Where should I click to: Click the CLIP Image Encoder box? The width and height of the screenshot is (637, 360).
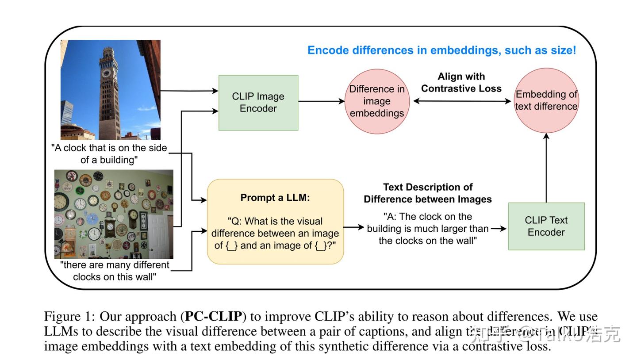(x=258, y=103)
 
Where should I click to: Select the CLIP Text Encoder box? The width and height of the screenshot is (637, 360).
(x=546, y=226)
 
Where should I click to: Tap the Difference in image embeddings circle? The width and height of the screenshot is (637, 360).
(x=377, y=101)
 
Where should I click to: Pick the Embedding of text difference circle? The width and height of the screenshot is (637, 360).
(x=546, y=100)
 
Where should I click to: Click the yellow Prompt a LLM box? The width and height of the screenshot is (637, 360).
(x=275, y=222)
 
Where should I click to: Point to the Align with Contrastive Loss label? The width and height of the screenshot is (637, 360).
(x=461, y=83)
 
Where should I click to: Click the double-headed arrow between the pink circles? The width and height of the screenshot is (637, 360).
(x=461, y=101)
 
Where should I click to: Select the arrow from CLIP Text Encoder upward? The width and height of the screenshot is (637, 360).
(x=546, y=168)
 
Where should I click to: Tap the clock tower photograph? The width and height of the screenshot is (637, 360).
(x=110, y=90)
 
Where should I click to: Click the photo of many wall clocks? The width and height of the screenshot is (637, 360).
(x=114, y=214)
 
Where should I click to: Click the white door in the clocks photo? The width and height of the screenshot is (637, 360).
(x=160, y=234)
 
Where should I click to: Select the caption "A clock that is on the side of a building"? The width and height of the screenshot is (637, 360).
(x=109, y=154)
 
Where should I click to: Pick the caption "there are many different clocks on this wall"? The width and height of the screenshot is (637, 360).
(x=115, y=271)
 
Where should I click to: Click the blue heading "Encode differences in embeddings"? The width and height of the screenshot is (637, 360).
(x=441, y=50)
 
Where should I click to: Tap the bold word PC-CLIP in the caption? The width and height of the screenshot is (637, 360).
(x=213, y=317)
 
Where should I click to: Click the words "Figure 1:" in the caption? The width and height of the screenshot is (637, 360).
(x=69, y=317)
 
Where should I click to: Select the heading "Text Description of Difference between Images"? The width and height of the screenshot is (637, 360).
(x=427, y=193)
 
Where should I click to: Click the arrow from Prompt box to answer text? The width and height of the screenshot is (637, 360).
(x=353, y=227)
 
